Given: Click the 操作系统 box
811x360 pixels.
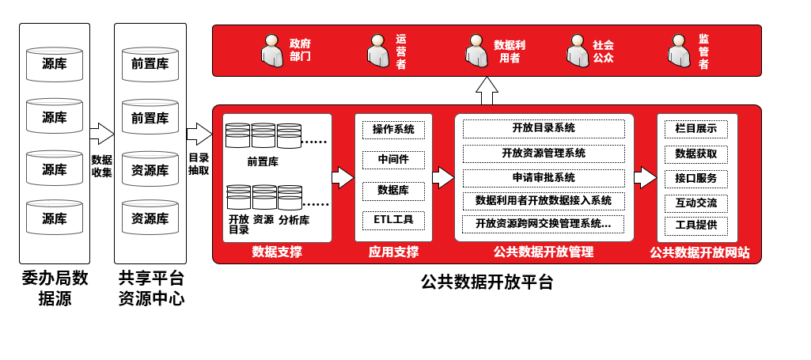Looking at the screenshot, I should click(393, 129).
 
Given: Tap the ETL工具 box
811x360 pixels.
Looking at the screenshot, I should click(393, 219).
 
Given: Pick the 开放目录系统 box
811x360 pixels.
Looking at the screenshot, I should click(544, 128).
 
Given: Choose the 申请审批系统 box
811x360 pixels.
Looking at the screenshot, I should click(544, 177).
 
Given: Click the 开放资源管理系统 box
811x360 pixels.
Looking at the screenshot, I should click(544, 153).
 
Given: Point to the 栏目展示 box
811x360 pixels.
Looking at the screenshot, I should click(696, 129).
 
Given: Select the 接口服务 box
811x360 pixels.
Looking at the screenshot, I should click(696, 177).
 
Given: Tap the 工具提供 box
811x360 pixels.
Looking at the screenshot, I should click(696, 225).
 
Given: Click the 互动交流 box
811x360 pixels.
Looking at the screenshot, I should click(696, 203).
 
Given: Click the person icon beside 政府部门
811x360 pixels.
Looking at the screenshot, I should click(272, 50).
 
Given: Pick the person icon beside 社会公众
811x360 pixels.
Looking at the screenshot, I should click(578, 50).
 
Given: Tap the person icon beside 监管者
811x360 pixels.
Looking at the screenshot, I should click(679, 50).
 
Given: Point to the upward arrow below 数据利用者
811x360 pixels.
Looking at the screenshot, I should click(487, 90).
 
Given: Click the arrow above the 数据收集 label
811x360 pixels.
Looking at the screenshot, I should click(101, 134).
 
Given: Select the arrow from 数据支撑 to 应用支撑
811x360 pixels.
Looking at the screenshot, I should click(343, 177).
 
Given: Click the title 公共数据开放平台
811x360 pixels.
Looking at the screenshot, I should click(487, 282).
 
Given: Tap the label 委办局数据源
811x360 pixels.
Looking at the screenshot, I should click(55, 288).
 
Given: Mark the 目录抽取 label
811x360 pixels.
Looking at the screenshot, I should click(199, 164).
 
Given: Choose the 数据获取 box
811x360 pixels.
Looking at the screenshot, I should click(696, 153).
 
